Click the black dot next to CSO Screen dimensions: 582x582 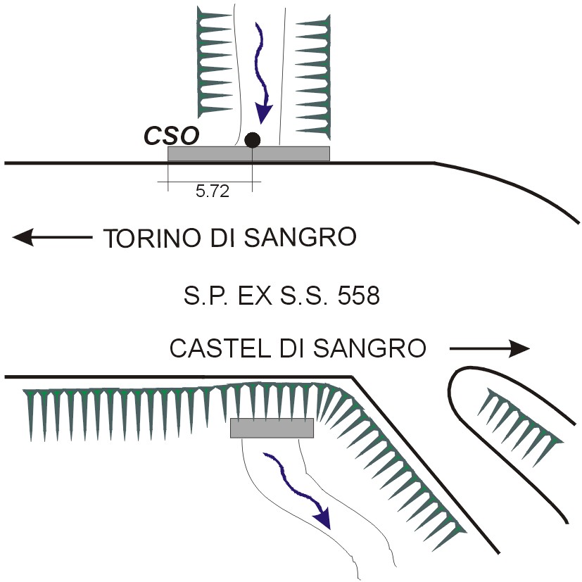[x=253, y=140]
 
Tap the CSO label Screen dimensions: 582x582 [x=172, y=136]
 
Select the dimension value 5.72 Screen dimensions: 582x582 [x=213, y=191]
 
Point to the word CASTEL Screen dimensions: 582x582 [x=220, y=348]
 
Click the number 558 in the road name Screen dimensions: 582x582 [x=358, y=296]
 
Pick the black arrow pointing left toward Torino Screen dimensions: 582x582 [x=52, y=237]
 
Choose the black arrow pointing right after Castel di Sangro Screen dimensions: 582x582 [x=490, y=348]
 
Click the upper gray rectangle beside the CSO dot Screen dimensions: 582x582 [x=248, y=153]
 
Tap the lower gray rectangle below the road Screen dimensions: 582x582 [x=272, y=428]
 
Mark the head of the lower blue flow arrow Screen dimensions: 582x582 [x=322, y=518]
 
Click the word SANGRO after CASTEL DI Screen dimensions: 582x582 [x=369, y=348]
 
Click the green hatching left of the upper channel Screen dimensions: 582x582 [x=215, y=62]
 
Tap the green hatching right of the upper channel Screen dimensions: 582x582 [x=313, y=77]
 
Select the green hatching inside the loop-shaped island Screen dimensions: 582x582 [x=520, y=427]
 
